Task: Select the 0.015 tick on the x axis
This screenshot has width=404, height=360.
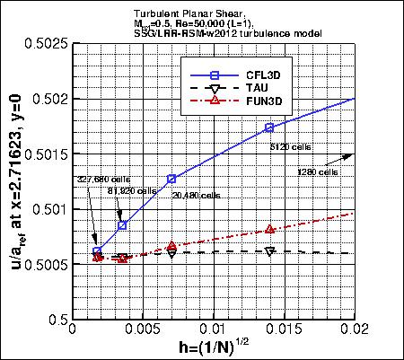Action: coord(284,333)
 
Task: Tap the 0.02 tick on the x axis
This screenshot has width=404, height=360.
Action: coord(355,333)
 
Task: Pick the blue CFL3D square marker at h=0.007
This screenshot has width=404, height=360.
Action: coord(171,179)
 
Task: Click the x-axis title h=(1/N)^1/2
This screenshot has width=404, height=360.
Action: coord(213,349)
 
